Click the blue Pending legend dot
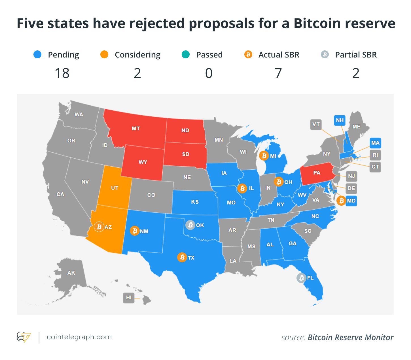[x=37, y=54]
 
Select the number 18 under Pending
[x=62, y=73]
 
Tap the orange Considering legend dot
[x=104, y=54]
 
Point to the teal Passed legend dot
[x=186, y=54]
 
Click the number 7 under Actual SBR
[x=278, y=73]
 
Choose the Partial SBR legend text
[x=356, y=55]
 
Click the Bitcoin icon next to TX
[x=182, y=257]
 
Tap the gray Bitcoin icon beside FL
[x=301, y=278]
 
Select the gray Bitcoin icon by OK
[x=190, y=225]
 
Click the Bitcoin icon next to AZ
[x=99, y=227]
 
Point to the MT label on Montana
[x=136, y=129]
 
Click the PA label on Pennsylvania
[x=317, y=173]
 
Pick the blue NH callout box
[x=340, y=120]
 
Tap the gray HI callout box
[x=129, y=297]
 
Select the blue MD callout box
[x=351, y=201]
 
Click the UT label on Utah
[x=115, y=188]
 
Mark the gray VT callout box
[x=316, y=124]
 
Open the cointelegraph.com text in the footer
[x=79, y=337]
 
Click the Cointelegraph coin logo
[x=24, y=337]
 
